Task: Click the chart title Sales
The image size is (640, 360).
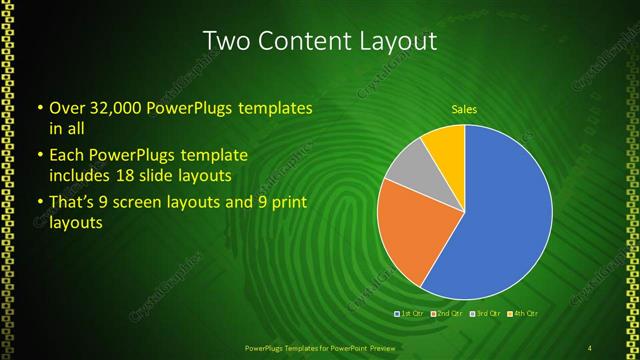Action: [464, 108]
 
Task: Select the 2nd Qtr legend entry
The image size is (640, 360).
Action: [446, 314]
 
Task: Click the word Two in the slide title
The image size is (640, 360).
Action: [227, 41]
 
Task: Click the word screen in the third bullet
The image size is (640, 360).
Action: [141, 203]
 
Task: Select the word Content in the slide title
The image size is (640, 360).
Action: [302, 41]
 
